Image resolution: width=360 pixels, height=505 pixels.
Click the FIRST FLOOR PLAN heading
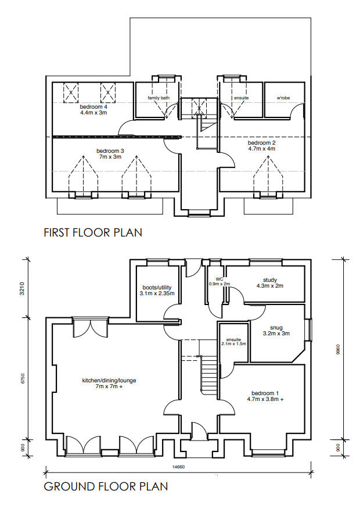point(93,232)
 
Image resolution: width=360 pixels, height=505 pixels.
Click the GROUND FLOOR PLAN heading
point(106,486)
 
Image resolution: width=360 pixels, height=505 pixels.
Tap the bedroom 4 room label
point(93,110)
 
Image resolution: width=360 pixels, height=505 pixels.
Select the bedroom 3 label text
point(110,154)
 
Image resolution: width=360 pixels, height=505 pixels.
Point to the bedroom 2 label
point(261,146)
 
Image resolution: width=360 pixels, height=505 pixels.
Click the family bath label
point(158,98)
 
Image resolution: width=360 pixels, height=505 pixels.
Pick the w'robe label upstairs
point(283,98)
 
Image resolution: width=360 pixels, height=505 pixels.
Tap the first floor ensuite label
point(242,98)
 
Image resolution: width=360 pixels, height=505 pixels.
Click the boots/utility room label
point(157,291)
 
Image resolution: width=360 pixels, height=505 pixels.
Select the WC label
point(219,280)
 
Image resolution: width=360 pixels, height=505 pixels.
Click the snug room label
point(276,331)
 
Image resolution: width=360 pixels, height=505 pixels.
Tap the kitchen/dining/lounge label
point(109,384)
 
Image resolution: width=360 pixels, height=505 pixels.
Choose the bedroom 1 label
point(265,396)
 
